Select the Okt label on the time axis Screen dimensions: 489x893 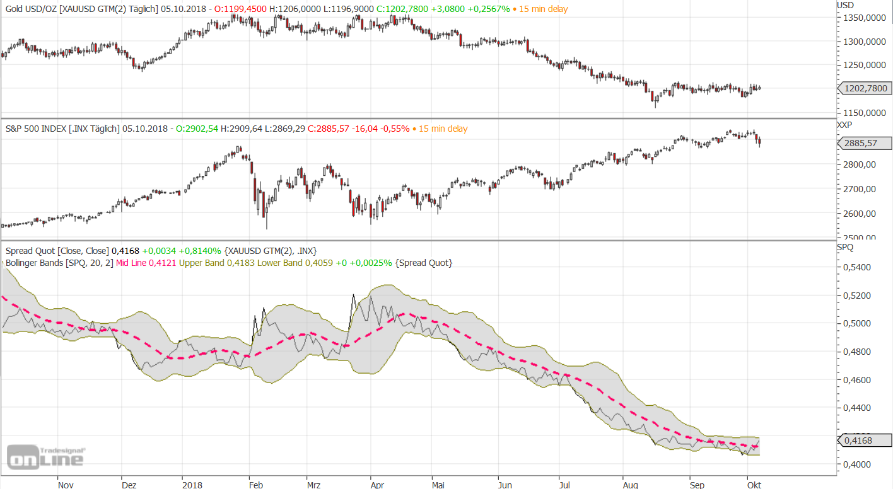click(x=753, y=485)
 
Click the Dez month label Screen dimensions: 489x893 click(x=129, y=485)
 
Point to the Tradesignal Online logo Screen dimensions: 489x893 click(x=46, y=457)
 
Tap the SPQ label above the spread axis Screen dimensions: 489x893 click(x=845, y=247)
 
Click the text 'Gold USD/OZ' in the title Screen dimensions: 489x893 click(x=29, y=9)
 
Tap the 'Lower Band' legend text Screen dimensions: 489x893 click(x=278, y=263)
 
